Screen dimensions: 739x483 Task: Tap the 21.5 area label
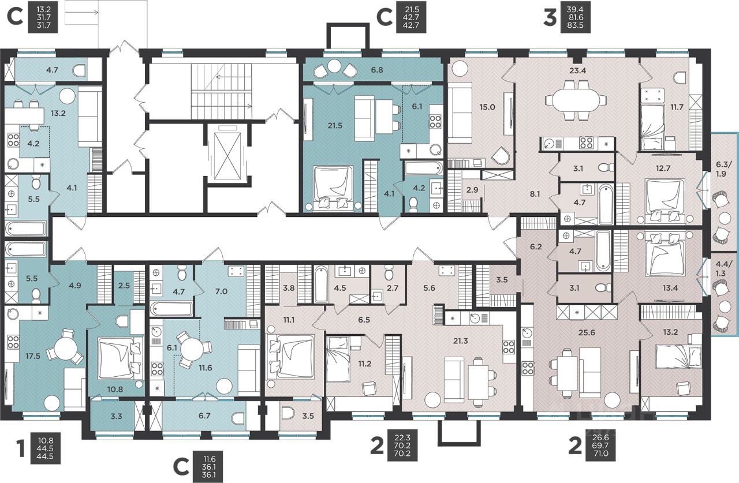tap(335, 125)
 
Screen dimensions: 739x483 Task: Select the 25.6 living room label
tap(587, 332)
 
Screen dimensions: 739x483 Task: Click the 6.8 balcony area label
tap(376, 70)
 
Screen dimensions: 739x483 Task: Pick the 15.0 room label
tap(487, 107)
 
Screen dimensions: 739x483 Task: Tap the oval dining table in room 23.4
tap(576, 100)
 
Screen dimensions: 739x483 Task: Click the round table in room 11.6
tap(193, 350)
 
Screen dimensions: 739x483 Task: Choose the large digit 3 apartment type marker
tap(550, 17)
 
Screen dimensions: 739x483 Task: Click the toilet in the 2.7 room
tap(389, 274)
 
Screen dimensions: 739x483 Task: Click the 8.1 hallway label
tap(535, 194)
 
